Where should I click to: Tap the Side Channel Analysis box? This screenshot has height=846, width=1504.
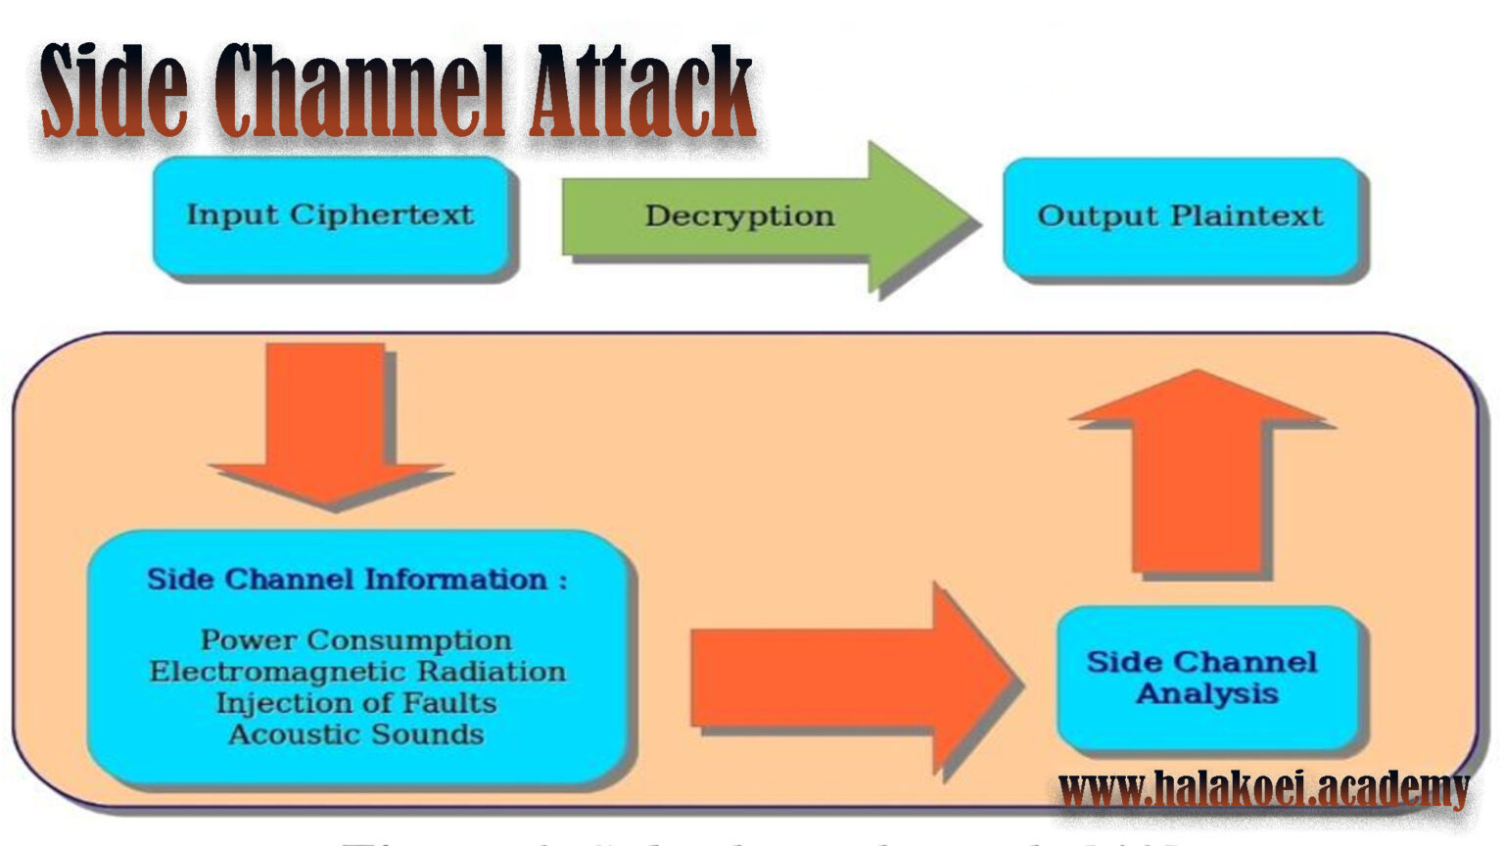[x=1204, y=678]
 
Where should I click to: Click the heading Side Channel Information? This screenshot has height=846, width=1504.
[x=356, y=580]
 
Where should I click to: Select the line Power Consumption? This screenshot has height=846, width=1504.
[x=356, y=640]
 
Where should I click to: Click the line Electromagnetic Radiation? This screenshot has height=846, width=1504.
[x=356, y=672]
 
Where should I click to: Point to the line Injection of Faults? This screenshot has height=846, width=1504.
[x=356, y=703]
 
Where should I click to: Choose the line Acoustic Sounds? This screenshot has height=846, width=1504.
[x=356, y=734]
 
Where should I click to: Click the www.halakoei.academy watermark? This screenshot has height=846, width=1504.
[x=1263, y=789]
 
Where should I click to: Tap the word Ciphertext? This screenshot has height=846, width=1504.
[x=382, y=215]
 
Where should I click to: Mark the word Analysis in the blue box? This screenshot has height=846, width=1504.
[x=1207, y=694]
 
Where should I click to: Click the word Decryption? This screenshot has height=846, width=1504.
[x=739, y=216]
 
